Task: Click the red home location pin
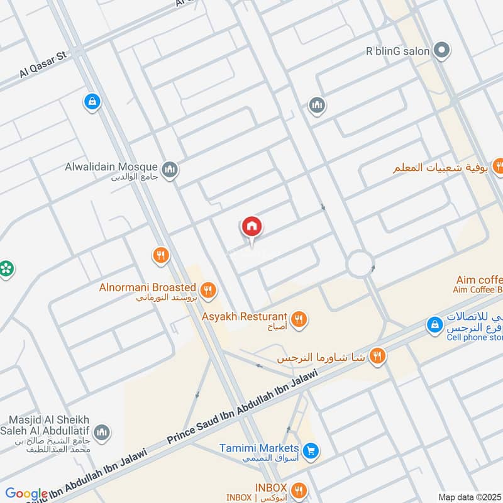252,227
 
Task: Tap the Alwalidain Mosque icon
170,169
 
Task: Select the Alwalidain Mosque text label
111,167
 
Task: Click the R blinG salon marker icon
443,50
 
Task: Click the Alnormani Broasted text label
148,287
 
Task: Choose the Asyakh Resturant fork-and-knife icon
299,319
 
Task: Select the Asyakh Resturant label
245,316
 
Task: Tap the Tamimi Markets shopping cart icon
310,450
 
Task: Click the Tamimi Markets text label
259,448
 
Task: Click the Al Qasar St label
43,65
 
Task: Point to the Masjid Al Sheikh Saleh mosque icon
102,433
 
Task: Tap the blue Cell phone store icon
433,325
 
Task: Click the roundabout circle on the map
360,264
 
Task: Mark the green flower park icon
6,268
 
